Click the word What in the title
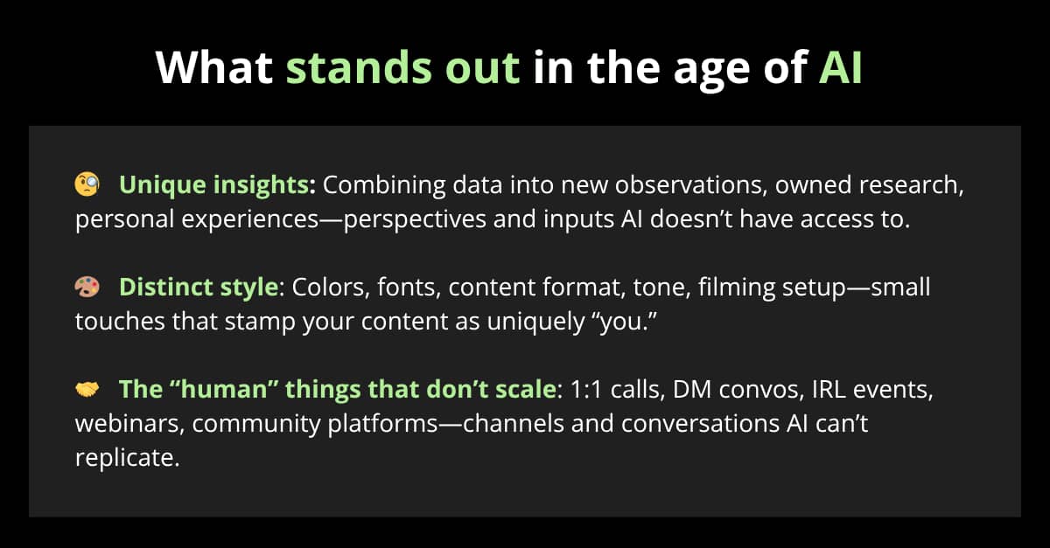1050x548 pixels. tap(214, 67)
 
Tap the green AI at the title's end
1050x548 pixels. tap(841, 67)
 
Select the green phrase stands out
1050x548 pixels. tap(402, 67)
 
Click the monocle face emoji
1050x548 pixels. tap(87, 184)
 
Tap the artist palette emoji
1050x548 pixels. tap(87, 287)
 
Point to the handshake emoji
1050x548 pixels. tap(87, 389)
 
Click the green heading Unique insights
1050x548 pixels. tap(214, 185)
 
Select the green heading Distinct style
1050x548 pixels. tap(199, 287)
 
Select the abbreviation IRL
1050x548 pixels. tap(829, 389)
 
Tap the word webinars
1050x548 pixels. tap(129, 423)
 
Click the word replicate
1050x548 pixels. tap(127, 458)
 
